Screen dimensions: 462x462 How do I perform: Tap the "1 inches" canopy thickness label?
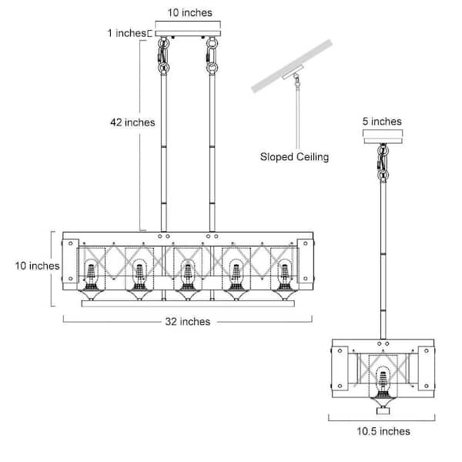(125, 33)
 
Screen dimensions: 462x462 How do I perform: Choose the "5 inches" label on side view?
(382, 121)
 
